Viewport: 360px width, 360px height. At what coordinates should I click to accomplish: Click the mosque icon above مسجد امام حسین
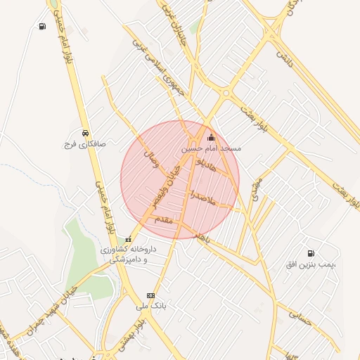(x=211, y=137)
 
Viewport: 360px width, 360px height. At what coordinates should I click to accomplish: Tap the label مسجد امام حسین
(x=211, y=149)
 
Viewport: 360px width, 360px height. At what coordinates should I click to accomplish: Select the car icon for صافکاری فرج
(x=85, y=132)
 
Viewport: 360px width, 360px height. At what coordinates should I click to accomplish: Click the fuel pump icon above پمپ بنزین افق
(x=311, y=253)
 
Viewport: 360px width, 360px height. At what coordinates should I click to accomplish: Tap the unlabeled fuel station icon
(x=43, y=27)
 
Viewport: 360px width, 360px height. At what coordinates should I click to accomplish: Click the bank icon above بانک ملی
(x=150, y=295)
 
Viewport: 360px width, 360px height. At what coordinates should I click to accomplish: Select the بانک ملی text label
(x=150, y=307)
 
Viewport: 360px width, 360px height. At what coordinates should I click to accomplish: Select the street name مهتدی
(x=256, y=188)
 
